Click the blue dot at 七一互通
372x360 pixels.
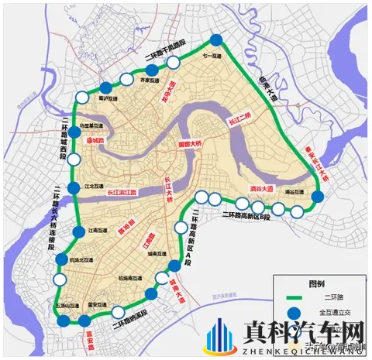216,42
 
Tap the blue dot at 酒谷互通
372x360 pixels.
317,198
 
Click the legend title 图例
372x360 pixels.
317,283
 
